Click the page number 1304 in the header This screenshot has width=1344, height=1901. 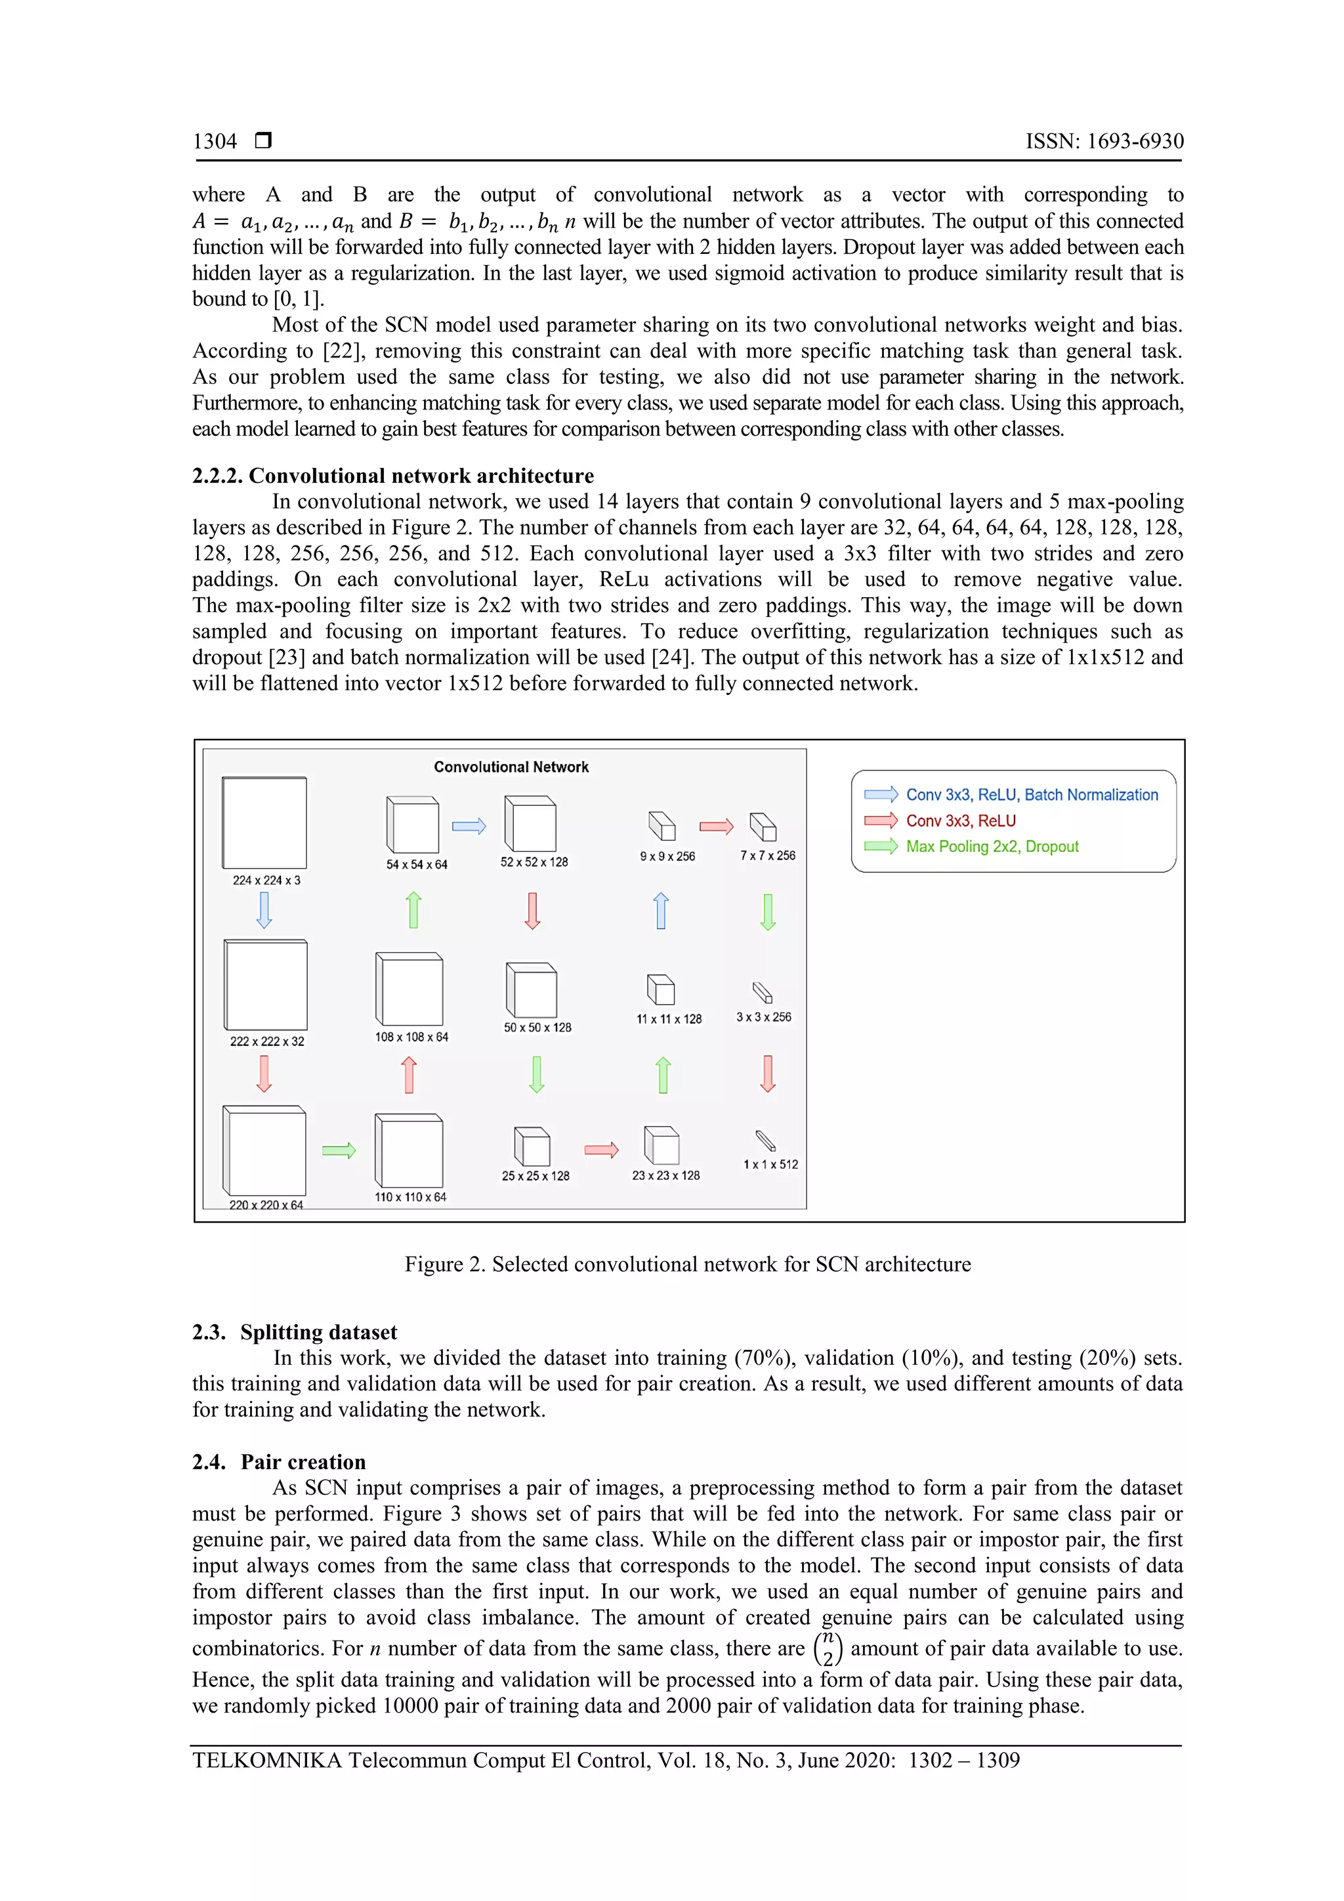pos(215,142)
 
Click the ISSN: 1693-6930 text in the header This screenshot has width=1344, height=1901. pos(1104,142)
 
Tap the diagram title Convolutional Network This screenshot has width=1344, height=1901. pos(511,766)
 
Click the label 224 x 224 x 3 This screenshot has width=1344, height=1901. pos(266,880)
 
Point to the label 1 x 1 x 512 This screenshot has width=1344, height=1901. pos(770,1164)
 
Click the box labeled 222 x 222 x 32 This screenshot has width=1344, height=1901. pos(266,985)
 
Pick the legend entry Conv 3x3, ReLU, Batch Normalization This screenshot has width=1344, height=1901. pos(1031,795)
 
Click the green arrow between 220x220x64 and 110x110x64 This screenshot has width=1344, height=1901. pos(339,1150)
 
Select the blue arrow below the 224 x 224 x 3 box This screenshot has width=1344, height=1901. pos(264,911)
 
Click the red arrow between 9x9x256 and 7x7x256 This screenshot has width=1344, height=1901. pos(717,826)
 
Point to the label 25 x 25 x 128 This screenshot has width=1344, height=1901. pos(535,1176)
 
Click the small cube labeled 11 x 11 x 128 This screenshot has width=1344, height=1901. pos(661,990)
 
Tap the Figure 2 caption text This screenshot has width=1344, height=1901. pos(687,1264)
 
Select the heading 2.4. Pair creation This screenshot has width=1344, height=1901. pos(279,1462)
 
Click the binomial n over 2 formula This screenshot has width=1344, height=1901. pos(828,1648)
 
